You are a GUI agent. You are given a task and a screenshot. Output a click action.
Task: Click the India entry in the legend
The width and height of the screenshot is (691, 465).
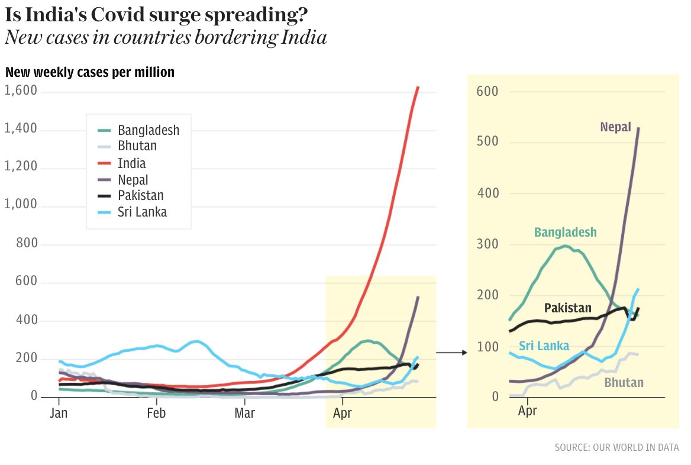pos(131,163)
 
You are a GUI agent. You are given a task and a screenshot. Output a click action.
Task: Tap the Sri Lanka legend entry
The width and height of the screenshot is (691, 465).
pos(142,212)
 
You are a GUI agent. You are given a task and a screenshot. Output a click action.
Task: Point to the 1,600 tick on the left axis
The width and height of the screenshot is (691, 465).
pos(21,91)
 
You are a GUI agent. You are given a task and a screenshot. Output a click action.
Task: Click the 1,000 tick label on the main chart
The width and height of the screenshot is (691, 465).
pos(21,205)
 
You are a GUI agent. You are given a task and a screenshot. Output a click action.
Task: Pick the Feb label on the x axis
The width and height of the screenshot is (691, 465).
pos(156,413)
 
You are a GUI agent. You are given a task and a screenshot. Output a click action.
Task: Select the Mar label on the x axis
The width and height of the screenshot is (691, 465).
pos(244,413)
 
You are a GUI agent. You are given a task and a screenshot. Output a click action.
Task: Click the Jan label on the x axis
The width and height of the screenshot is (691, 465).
pos(59,413)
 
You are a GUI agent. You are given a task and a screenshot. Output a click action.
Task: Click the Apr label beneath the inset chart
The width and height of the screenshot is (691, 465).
pos(527,411)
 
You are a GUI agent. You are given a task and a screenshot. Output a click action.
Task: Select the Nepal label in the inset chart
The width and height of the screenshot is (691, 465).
pos(615,127)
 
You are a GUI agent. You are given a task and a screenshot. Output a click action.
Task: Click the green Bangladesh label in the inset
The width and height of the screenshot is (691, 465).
pos(565,233)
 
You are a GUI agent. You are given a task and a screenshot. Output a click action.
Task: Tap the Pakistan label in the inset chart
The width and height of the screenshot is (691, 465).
pos(567,308)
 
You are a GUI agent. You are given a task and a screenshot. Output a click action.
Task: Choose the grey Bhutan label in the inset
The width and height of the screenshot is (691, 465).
pos(624,383)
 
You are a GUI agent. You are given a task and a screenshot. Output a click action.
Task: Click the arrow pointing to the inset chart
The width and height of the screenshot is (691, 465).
pos(451,353)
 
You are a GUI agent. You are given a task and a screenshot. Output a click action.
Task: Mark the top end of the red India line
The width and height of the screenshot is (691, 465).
pos(418,87)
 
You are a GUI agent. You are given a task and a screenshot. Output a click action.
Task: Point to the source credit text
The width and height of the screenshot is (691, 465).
pos(616,447)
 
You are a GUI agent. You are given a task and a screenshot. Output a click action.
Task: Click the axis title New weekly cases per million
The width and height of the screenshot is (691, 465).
pos(90,72)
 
